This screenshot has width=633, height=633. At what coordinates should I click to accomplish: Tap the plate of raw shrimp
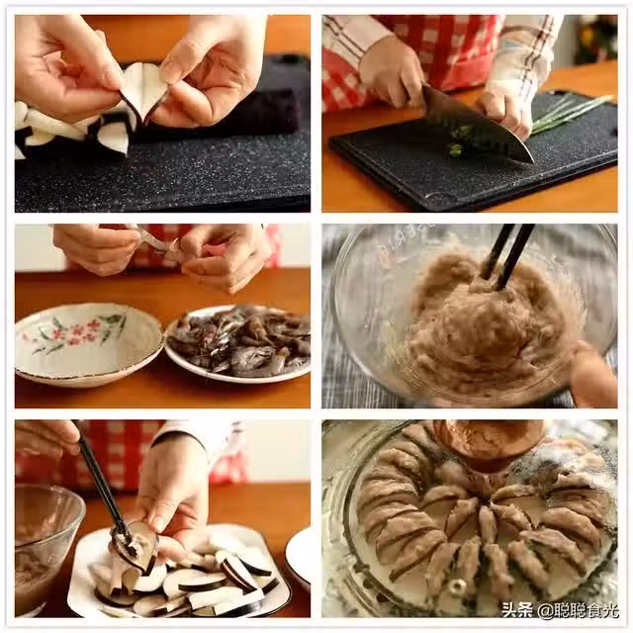tap(238, 343)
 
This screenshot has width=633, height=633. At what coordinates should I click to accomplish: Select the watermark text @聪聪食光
tap(579, 610)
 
